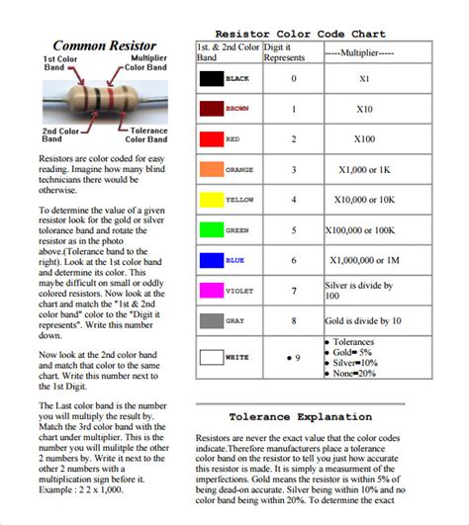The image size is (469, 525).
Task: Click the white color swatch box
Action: pyautogui.click(x=211, y=356)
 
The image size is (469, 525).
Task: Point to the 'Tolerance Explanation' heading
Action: pyautogui.click(x=300, y=416)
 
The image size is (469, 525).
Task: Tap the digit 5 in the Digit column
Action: pyautogui.click(x=292, y=229)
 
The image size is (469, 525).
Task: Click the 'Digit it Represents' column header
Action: pyautogui.click(x=289, y=51)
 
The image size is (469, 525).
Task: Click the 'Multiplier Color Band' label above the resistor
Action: pyautogui.click(x=148, y=64)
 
